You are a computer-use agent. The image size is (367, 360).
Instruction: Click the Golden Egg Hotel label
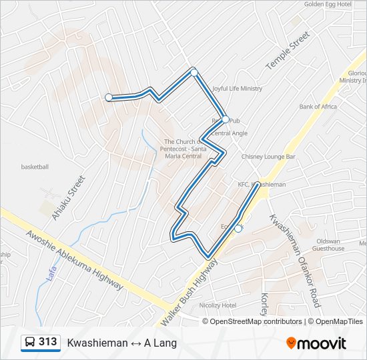click(328, 4)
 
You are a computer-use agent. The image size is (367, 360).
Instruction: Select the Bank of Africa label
click(318, 107)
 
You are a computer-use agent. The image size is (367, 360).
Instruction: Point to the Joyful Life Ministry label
click(237, 89)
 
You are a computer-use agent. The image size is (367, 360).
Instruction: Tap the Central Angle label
click(230, 133)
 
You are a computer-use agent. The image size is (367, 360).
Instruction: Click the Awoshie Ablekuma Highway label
click(75, 260)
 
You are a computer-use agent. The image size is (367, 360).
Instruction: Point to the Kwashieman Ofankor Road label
click(294, 260)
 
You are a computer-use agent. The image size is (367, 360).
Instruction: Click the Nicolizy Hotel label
click(218, 305)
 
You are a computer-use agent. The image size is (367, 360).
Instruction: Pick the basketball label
click(35, 167)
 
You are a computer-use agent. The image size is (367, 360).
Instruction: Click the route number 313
click(48, 342)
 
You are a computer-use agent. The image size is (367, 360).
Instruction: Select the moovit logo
click(316, 343)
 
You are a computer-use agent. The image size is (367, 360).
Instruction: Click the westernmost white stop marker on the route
click(109, 97)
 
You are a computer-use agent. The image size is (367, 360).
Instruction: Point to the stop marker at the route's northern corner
click(194, 72)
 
